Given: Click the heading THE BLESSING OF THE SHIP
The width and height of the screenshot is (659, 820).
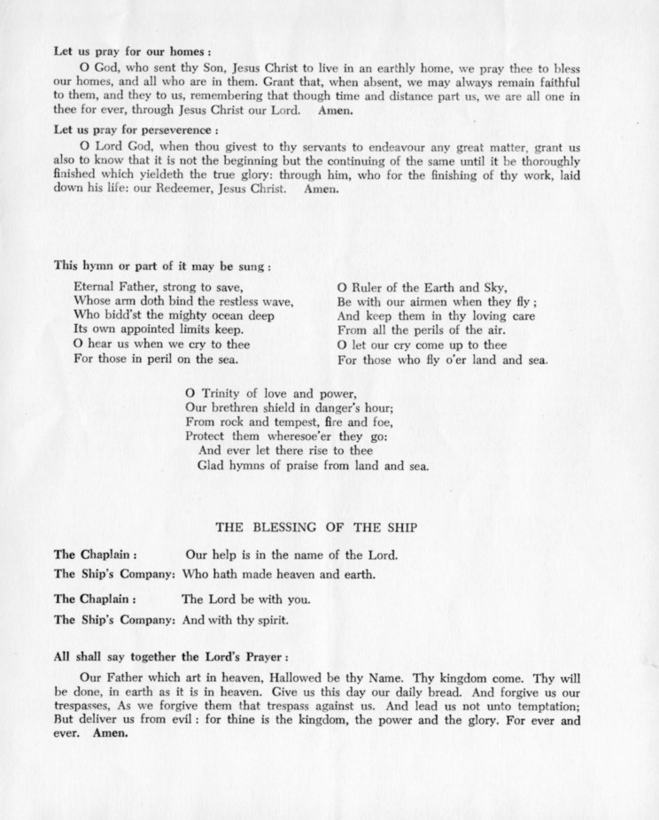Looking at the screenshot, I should [317, 528].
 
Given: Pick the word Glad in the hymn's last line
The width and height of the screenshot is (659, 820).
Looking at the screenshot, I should [210, 464].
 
